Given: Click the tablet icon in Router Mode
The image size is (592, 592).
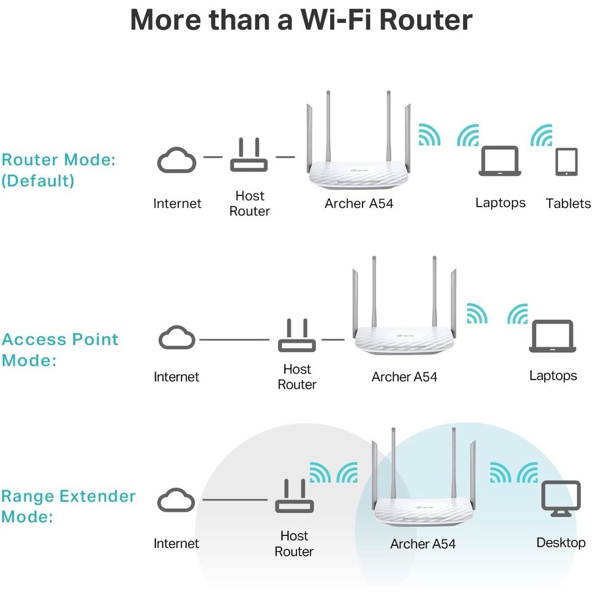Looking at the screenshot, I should click(x=566, y=162).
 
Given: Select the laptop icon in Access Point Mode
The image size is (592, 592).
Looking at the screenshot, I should click(x=553, y=337).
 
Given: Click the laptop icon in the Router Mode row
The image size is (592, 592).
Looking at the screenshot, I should click(x=499, y=161).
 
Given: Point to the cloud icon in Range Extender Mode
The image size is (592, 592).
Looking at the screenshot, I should click(x=176, y=500).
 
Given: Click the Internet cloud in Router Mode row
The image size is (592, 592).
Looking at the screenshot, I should click(x=176, y=160).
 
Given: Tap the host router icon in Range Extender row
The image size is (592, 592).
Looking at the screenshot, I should click(x=293, y=499).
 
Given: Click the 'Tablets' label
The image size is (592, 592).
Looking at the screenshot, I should click(x=568, y=203).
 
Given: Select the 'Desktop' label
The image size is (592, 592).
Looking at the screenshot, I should click(x=560, y=543).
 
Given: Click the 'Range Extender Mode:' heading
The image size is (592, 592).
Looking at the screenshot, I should click(x=68, y=506).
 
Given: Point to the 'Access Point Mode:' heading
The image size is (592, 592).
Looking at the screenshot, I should click(x=60, y=349).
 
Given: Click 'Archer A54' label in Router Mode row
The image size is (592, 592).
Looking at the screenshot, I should click(x=358, y=203).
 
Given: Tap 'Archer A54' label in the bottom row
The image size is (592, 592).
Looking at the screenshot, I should click(x=422, y=544).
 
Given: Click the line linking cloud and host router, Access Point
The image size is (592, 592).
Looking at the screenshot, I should click(x=234, y=339).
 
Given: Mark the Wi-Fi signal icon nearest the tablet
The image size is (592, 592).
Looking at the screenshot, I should click(x=542, y=136).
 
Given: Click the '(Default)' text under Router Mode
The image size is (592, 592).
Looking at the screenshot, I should click(x=37, y=180).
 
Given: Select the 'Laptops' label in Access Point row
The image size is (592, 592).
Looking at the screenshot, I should click(x=553, y=376).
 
